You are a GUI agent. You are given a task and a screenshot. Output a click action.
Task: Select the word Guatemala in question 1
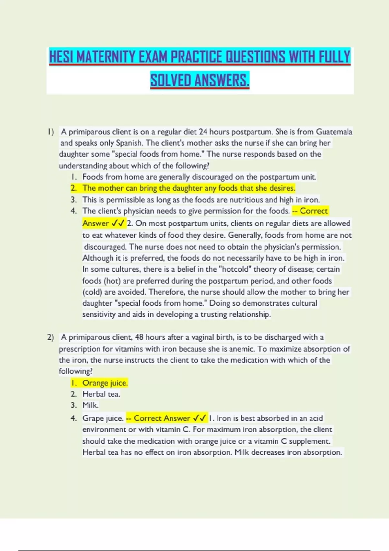(x=334, y=132)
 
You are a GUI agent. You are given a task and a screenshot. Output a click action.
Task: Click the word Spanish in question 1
(x=129, y=143)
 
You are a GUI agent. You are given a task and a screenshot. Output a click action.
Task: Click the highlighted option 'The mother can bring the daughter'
(x=189, y=188)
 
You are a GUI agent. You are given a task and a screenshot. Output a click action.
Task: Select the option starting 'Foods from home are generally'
(x=199, y=177)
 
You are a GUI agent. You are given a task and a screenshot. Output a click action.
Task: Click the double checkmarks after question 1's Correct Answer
(x=118, y=223)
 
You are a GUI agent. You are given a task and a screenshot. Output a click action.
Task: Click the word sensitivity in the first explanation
(x=99, y=314)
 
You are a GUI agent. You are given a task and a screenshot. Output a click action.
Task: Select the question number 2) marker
(x=50, y=337)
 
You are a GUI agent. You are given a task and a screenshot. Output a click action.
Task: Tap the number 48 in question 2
(x=139, y=337)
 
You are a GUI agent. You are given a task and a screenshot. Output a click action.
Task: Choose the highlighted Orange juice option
(x=105, y=383)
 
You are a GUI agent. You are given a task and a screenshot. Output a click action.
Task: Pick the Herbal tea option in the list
(x=101, y=394)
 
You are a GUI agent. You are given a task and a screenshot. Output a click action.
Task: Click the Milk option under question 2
(x=90, y=405)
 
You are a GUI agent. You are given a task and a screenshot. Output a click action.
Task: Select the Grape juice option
(x=102, y=418)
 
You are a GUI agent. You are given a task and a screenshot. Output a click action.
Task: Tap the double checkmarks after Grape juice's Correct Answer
(x=199, y=418)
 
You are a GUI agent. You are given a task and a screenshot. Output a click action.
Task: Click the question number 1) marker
(x=50, y=132)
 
